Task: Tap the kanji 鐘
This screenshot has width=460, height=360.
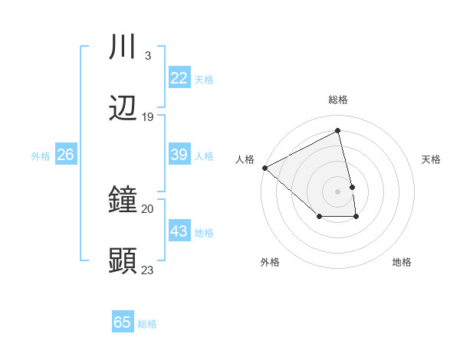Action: (x=123, y=201)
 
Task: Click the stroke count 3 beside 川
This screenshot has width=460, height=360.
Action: (x=147, y=55)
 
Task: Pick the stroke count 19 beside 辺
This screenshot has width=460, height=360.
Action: (x=148, y=116)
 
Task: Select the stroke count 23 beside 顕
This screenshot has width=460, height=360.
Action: (x=148, y=270)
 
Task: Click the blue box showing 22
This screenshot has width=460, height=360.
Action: (x=179, y=78)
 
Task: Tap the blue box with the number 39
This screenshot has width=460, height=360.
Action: (x=179, y=155)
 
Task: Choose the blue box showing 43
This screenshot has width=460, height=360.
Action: (x=179, y=231)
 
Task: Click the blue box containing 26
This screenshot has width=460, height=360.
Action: (x=65, y=155)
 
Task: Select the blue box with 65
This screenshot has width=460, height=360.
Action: (x=123, y=322)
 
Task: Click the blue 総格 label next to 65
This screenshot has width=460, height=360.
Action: (x=148, y=324)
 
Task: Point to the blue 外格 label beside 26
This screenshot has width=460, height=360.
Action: (x=41, y=156)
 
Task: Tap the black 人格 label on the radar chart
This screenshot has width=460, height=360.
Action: (x=245, y=159)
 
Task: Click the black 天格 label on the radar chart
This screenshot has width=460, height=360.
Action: (x=432, y=159)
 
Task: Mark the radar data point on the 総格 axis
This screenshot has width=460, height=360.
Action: (x=338, y=130)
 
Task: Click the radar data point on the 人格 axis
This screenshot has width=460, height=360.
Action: (x=264, y=168)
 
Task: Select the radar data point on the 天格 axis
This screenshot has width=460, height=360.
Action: (x=352, y=186)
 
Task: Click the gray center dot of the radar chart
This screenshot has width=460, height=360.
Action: (x=338, y=191)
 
